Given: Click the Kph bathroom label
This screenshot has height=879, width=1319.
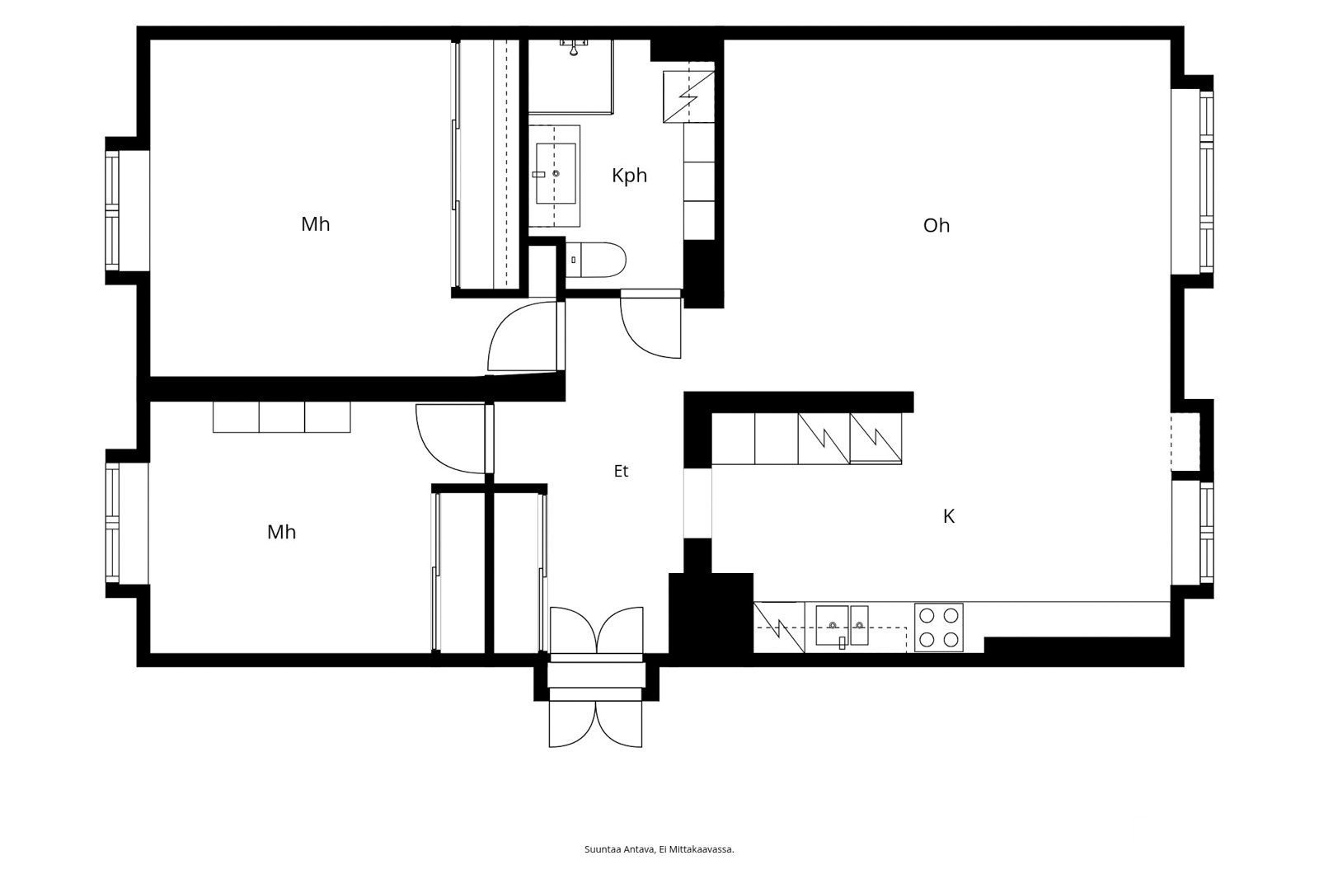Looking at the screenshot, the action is tap(630, 176).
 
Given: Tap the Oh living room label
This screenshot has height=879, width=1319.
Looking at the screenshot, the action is tap(936, 225).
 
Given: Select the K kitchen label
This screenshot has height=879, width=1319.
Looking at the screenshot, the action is tap(949, 516).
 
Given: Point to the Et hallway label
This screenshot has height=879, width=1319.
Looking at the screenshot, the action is tap(622, 471).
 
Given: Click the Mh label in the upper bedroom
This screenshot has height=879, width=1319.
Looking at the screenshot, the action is tap(316, 224).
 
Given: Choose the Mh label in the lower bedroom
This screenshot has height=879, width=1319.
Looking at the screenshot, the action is tap(281, 532).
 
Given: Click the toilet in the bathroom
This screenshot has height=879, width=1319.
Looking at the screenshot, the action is tap(595, 259).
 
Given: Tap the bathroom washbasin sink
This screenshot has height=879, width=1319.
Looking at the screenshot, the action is tap(556, 174).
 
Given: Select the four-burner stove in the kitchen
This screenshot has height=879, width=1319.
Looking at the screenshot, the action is tap(939, 628).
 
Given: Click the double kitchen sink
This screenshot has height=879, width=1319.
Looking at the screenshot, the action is tap(842, 626).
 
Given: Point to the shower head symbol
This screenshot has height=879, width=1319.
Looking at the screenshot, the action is tap(574, 47).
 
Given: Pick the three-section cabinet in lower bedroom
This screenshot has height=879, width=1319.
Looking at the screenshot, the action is tap(281, 417).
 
